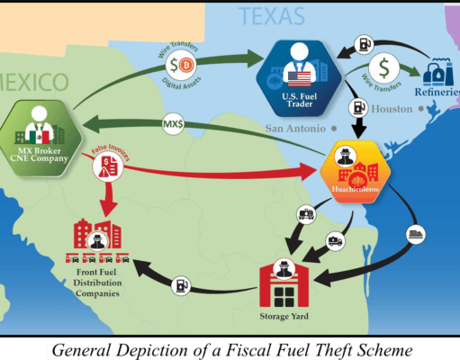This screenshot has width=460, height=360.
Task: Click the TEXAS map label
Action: [272, 16]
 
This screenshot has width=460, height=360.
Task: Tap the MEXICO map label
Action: [34, 82]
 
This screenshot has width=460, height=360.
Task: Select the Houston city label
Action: [392, 109]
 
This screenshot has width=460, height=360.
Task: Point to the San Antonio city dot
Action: [334, 129]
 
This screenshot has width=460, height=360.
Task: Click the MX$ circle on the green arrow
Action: [173, 123]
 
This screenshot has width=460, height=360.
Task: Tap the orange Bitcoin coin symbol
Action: [186, 65]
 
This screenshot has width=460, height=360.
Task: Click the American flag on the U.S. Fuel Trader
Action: [299, 79]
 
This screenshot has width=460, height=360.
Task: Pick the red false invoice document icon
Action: [108, 166]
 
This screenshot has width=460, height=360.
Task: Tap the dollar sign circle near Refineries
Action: [384, 68]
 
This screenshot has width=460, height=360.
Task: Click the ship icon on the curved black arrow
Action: [416, 234]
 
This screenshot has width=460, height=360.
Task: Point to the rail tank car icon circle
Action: [306, 214]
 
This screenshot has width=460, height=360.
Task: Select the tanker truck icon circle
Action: [335, 241]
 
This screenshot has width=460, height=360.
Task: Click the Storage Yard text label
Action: [284, 317]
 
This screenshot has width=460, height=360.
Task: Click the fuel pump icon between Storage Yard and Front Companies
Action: [181, 285]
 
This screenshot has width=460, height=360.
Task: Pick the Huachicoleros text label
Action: [356, 189]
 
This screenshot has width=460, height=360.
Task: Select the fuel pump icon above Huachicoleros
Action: [358, 107]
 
